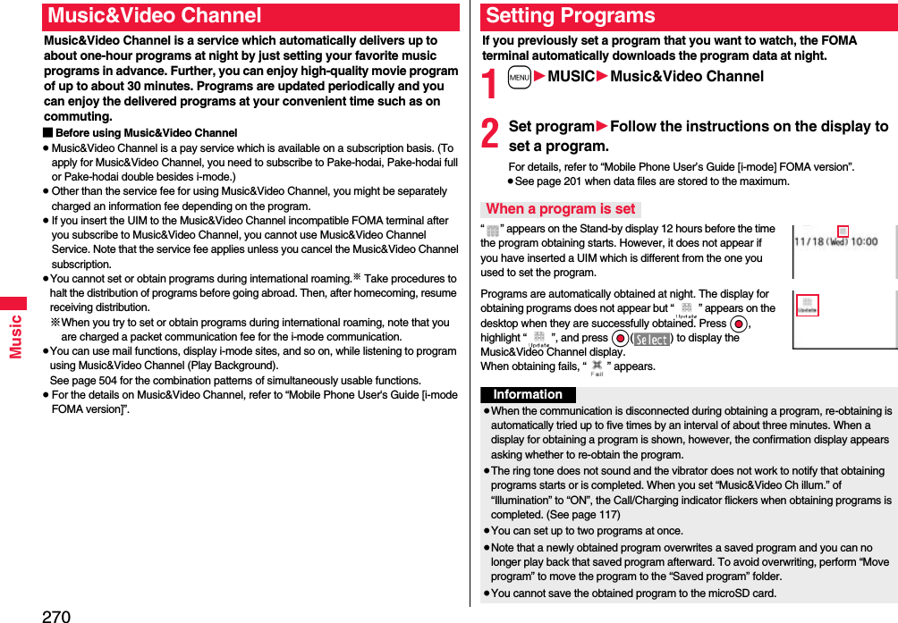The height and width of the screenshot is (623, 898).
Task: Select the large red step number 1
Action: [x=489, y=87]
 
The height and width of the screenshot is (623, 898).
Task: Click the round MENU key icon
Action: [x=519, y=77]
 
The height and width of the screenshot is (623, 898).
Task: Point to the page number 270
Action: [x=55, y=615]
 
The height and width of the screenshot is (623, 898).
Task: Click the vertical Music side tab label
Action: [x=15, y=336]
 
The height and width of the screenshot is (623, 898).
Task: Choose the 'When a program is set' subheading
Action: [x=560, y=209]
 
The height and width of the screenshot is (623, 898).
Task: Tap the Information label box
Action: [x=528, y=395]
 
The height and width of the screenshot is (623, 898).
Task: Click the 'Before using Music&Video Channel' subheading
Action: [x=146, y=133]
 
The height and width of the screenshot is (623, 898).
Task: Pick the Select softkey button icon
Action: [x=652, y=339]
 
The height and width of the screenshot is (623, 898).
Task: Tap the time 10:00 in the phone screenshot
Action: [x=862, y=241]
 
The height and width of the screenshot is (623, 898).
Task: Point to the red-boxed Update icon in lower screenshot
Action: [x=808, y=306]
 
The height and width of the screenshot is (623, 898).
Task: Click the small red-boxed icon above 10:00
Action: [x=842, y=231]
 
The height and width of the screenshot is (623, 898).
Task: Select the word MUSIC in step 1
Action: [x=571, y=77]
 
